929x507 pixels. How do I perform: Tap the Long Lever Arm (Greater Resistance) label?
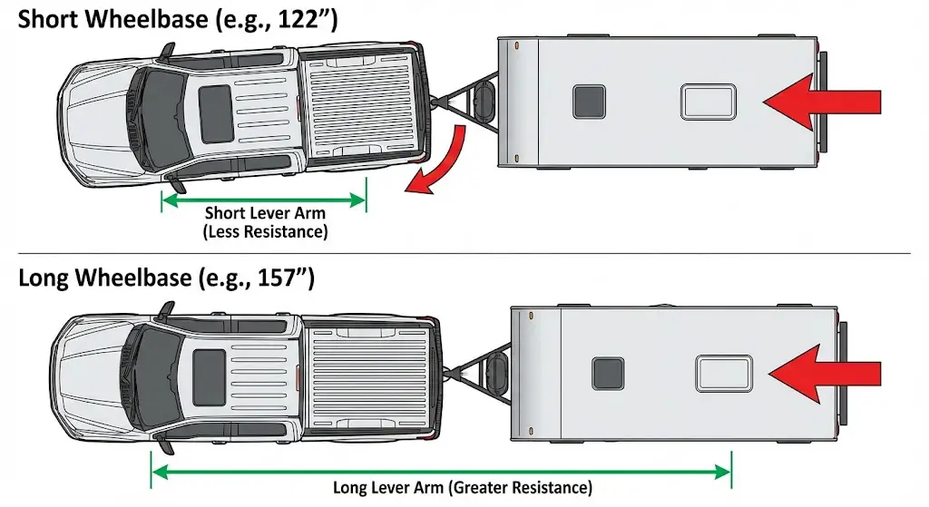pyautogui.click(x=463, y=488)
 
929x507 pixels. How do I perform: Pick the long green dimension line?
pyautogui.click(x=441, y=471)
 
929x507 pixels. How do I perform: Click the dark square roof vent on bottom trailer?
pyautogui.click(x=607, y=373)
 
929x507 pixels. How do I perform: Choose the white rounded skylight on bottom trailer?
pyautogui.click(x=723, y=373)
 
